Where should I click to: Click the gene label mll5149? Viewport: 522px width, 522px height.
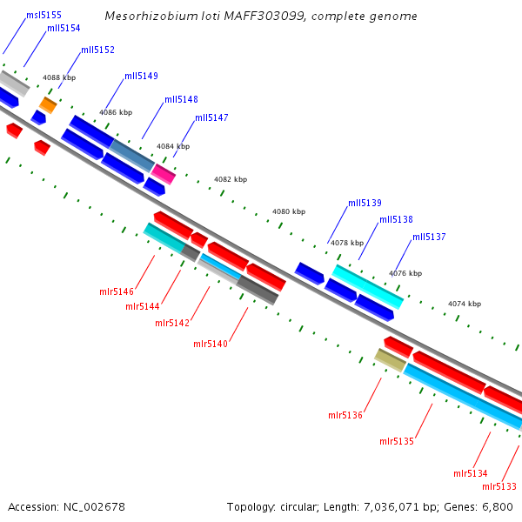pos(141,76)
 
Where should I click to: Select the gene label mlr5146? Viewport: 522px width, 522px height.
pos(117,291)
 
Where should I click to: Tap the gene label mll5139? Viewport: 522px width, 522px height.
pos(365,203)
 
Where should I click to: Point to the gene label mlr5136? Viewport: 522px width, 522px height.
pos(345,415)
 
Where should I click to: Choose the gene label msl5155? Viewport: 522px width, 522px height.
pos(43,15)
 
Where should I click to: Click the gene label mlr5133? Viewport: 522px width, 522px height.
pos(499,486)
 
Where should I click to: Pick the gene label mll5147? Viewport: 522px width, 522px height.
pos(211,117)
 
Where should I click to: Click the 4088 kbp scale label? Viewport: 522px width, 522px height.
pos(59,77)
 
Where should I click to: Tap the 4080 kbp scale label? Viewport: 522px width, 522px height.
pos(289,211)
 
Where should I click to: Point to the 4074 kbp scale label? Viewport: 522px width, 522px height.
pos(465,304)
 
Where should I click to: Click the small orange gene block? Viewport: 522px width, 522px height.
pos(48,105)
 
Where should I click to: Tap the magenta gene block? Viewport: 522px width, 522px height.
pos(164,174)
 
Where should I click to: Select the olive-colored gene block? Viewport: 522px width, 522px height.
pos(390,359)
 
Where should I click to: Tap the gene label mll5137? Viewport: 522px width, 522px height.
pos(429,237)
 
